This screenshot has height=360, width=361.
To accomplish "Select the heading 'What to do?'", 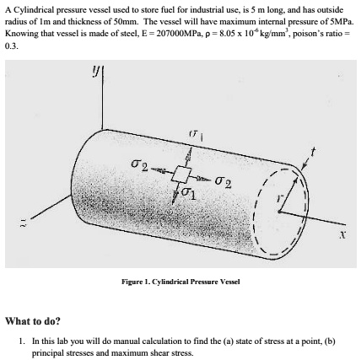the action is point(33,321).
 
